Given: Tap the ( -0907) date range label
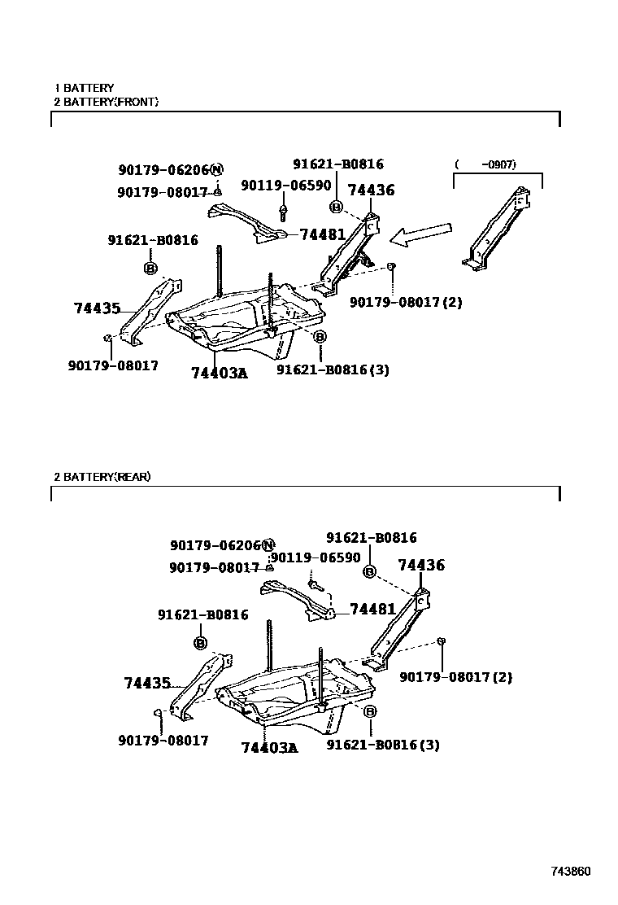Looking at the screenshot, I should pyautogui.click(x=486, y=165).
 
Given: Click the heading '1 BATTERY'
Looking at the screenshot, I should pyautogui.click(x=84, y=88).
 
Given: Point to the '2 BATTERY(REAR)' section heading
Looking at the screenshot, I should pyautogui.click(x=102, y=477).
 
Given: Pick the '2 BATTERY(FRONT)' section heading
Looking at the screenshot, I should pyautogui.click(x=106, y=102).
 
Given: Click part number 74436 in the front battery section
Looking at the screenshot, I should pyautogui.click(x=371, y=190).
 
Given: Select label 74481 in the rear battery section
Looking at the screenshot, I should pyautogui.click(x=372, y=609).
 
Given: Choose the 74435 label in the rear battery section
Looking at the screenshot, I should pyautogui.click(x=148, y=683).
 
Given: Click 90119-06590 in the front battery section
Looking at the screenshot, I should pyautogui.click(x=285, y=186).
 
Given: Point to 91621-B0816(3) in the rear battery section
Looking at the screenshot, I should pyautogui.click(x=383, y=745).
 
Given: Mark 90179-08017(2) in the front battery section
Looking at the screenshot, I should pyautogui.click(x=406, y=303).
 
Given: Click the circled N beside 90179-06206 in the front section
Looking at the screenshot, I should pyautogui.click(x=216, y=170).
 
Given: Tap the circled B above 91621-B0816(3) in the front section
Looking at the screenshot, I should pyautogui.click(x=320, y=337).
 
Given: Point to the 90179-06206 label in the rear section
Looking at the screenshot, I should pyautogui.click(x=215, y=545).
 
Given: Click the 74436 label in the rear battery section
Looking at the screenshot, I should pyautogui.click(x=421, y=566).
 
